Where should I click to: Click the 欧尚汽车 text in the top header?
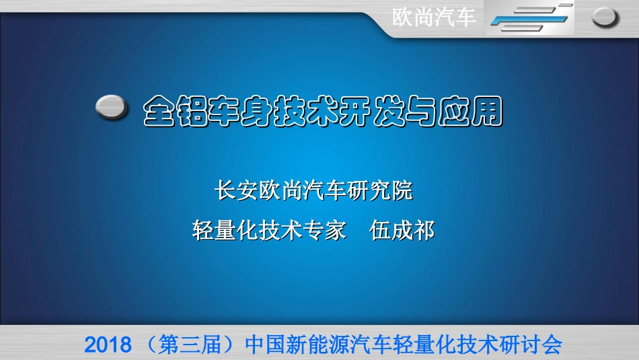[435, 17]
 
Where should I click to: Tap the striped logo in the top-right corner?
[529, 17]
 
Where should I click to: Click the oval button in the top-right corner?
[605, 17]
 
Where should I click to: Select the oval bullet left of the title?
[112, 107]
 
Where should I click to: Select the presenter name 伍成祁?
[403, 231]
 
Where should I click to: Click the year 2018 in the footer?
[108, 346]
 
